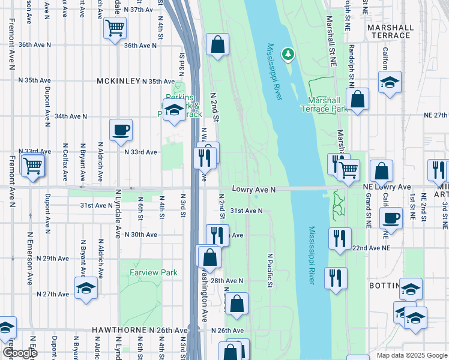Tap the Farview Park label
[154, 272]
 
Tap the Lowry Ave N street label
[253, 190]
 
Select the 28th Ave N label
[226, 281]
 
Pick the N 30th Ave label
[140, 235]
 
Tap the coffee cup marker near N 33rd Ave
[121, 130]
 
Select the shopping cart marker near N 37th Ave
[115, 27]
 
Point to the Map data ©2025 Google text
[411, 355]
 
